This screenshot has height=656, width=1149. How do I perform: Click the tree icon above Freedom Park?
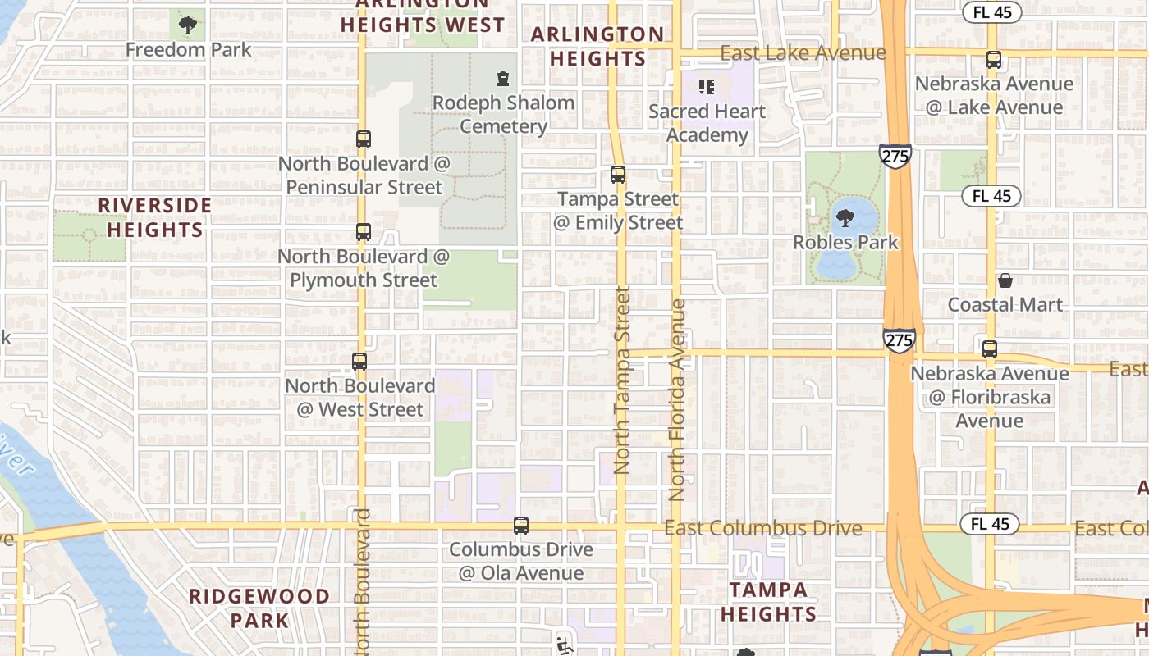(188, 25)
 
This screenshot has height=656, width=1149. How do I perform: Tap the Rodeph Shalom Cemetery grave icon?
(502, 79)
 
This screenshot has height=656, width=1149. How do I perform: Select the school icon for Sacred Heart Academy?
(707, 86)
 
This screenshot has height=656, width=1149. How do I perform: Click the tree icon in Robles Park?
(845, 218)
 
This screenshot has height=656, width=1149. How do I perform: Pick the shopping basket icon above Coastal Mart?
(1005, 281)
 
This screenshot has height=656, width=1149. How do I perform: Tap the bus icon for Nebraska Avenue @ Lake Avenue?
(994, 60)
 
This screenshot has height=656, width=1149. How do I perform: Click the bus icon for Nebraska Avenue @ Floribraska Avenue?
(990, 348)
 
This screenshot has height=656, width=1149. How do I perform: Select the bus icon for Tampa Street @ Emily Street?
(618, 175)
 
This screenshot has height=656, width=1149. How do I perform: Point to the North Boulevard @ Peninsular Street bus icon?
(364, 139)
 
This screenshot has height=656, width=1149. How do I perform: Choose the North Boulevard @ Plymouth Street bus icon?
(364, 232)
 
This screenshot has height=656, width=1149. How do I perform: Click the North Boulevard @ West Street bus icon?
(359, 361)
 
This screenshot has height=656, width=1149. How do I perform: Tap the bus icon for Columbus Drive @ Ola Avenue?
(521, 526)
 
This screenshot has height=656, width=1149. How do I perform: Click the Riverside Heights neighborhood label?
(155, 217)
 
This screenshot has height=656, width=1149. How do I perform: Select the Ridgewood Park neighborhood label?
(259, 608)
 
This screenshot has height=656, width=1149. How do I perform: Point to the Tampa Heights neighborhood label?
(769, 601)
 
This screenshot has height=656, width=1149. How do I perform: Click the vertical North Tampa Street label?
(622, 380)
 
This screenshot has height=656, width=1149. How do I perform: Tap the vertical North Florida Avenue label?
(677, 399)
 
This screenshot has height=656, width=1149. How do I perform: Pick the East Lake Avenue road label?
(803, 53)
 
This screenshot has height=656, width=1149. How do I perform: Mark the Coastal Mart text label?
(1005, 305)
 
